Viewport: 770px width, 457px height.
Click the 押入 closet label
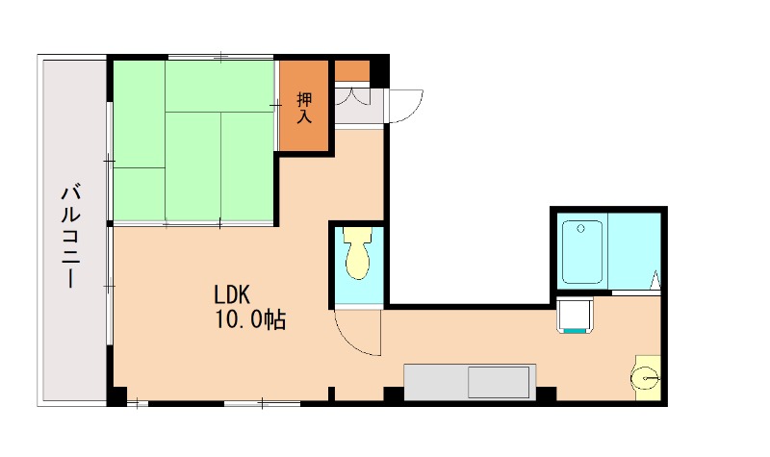point(304,108)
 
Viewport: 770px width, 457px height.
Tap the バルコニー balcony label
point(71,236)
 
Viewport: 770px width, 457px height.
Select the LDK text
point(232,295)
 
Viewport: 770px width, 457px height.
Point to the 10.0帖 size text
point(250,320)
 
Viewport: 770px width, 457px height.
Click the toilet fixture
point(357,253)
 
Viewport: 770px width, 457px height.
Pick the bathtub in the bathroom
point(582,252)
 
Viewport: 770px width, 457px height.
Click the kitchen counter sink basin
point(499,382)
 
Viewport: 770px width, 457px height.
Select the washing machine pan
point(575,315)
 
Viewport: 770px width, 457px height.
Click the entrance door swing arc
point(412,112)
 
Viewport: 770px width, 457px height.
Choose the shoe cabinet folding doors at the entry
point(359,95)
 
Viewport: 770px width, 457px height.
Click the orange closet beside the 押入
point(352,70)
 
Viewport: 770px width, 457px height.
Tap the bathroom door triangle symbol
point(655,280)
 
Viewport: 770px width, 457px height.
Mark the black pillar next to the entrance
point(379,71)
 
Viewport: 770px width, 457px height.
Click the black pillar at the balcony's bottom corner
point(116,396)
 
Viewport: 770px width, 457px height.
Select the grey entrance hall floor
point(359,107)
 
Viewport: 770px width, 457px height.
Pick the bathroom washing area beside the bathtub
point(634,251)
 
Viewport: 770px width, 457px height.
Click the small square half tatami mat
point(139,194)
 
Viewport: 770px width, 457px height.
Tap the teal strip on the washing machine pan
point(575,331)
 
